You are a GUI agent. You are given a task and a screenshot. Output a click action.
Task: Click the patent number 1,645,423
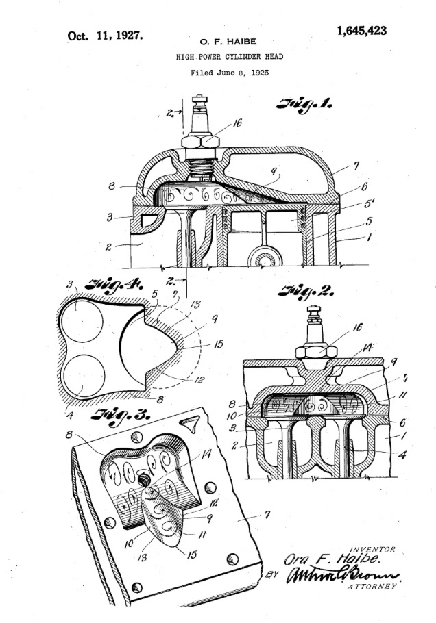[361, 30]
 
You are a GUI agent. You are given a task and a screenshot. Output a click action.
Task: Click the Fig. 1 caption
[305, 104]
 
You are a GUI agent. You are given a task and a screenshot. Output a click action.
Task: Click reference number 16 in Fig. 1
[237, 123]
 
